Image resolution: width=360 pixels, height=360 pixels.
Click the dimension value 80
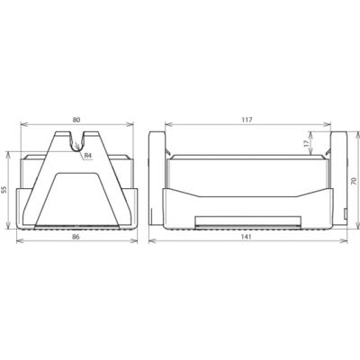tap(76, 120)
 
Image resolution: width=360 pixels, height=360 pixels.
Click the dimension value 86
tap(76, 237)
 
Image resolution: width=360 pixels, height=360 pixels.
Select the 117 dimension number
tap(247, 120)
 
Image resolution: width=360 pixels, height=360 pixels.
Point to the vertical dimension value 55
tap(4, 190)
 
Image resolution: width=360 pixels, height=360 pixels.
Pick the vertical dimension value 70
tap(354, 181)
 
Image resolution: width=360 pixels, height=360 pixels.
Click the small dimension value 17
tap(306, 143)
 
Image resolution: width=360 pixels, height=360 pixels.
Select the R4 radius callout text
tap(87, 156)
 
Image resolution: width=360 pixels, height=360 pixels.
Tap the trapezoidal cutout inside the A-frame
tap(77, 199)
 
